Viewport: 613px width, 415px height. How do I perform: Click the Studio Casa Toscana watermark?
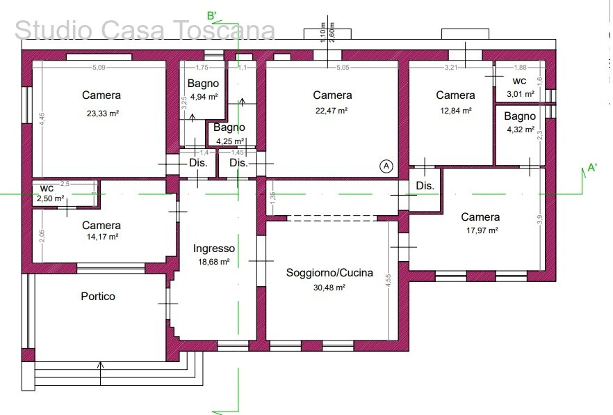point(145,31)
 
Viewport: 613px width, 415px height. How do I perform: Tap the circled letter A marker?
point(386,166)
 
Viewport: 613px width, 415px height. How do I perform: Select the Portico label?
point(98,296)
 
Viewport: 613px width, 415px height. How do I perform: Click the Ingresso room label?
point(214,249)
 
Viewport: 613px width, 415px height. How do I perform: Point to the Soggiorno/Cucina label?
point(329,273)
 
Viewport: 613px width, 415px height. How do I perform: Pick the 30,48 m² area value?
point(329,287)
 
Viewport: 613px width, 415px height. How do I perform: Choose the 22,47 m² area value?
point(332,110)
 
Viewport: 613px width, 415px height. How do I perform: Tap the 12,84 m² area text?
point(455,110)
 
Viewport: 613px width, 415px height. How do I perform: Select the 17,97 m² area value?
point(480,230)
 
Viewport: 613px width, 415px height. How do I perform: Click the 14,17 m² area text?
point(101,237)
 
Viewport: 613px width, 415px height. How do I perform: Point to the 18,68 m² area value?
point(213,262)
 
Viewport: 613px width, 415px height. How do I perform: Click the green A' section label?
point(593,167)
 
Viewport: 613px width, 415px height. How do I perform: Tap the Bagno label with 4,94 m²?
point(203,84)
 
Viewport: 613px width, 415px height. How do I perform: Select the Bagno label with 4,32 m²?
point(520,116)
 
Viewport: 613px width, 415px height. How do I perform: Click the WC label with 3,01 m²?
point(519,81)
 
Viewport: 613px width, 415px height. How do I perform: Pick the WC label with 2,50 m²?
point(47,189)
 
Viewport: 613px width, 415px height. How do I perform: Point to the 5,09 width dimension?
point(99,68)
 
